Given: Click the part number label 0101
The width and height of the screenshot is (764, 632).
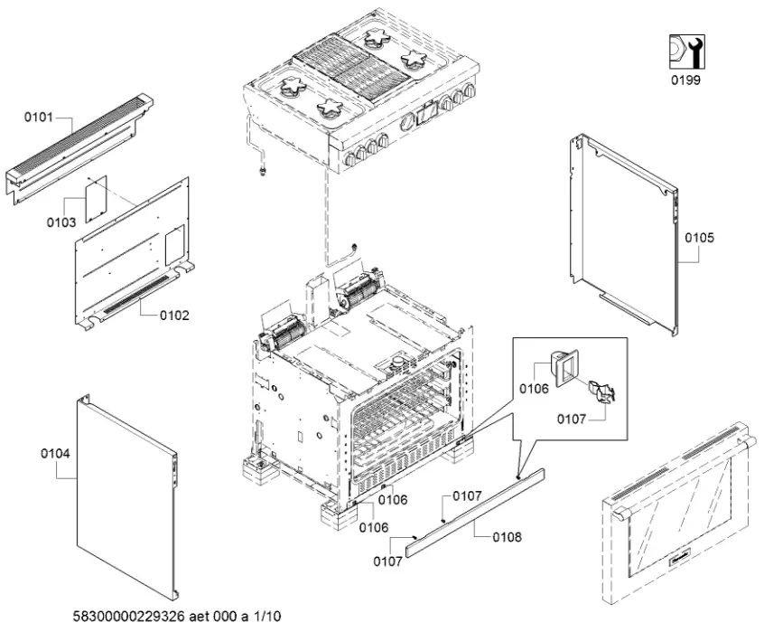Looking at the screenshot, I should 37,118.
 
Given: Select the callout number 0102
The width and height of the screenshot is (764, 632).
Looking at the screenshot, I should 174,316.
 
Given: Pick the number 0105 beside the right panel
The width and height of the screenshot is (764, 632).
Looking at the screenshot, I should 699,238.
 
